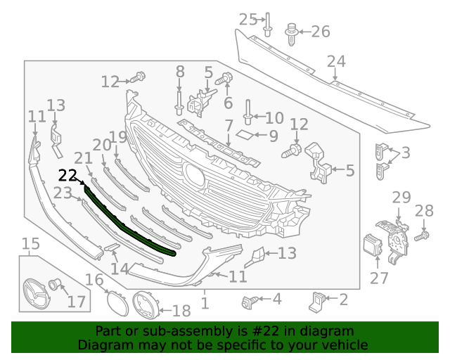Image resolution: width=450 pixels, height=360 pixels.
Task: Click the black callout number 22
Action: pyautogui.click(x=67, y=176)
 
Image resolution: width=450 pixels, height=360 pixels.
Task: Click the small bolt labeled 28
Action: pyautogui.click(x=421, y=237)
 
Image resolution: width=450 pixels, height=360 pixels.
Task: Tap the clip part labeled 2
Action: pyautogui.click(x=317, y=301)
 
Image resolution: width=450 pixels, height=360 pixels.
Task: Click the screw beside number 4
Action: pyautogui.click(x=247, y=302)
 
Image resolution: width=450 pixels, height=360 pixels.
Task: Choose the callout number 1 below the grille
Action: pyautogui.click(x=205, y=304)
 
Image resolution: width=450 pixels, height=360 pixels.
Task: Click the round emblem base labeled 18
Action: pyautogui.click(x=146, y=307)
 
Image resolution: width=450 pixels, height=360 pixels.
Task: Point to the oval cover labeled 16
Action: pyautogui.click(x=113, y=302)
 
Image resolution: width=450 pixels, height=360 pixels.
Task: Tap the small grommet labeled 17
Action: pyautogui.click(x=55, y=285)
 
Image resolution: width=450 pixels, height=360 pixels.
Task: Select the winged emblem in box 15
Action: pyautogui.click(x=35, y=292)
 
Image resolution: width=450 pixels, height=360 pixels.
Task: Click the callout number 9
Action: pyautogui.click(x=274, y=134)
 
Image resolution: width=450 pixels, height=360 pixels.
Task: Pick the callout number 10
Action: pyautogui.click(x=274, y=117)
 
